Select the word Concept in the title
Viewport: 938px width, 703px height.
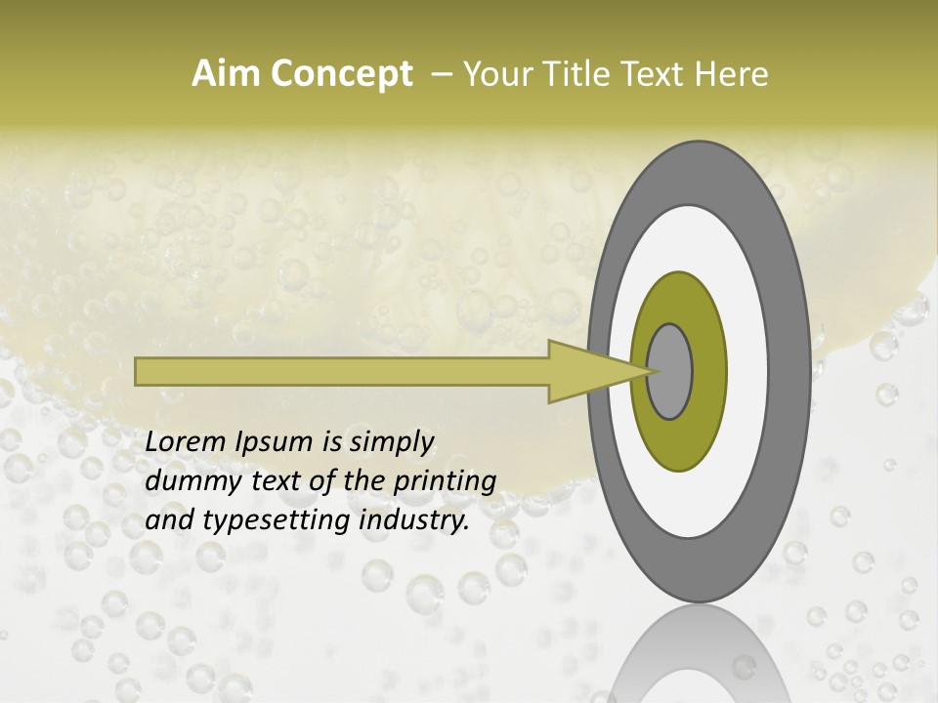coord(341,75)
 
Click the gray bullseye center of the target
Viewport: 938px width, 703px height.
coord(670,371)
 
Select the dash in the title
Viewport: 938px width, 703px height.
coord(442,74)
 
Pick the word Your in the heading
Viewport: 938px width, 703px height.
coord(496,74)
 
